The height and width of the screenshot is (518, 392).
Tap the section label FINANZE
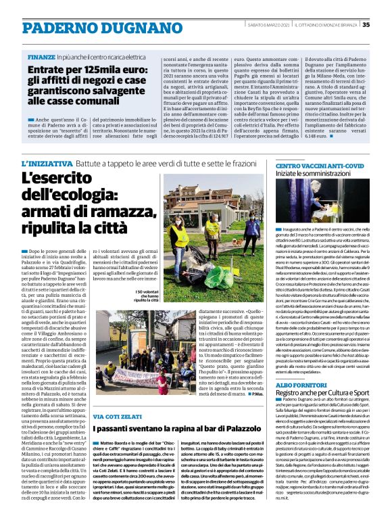(x=41, y=57)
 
